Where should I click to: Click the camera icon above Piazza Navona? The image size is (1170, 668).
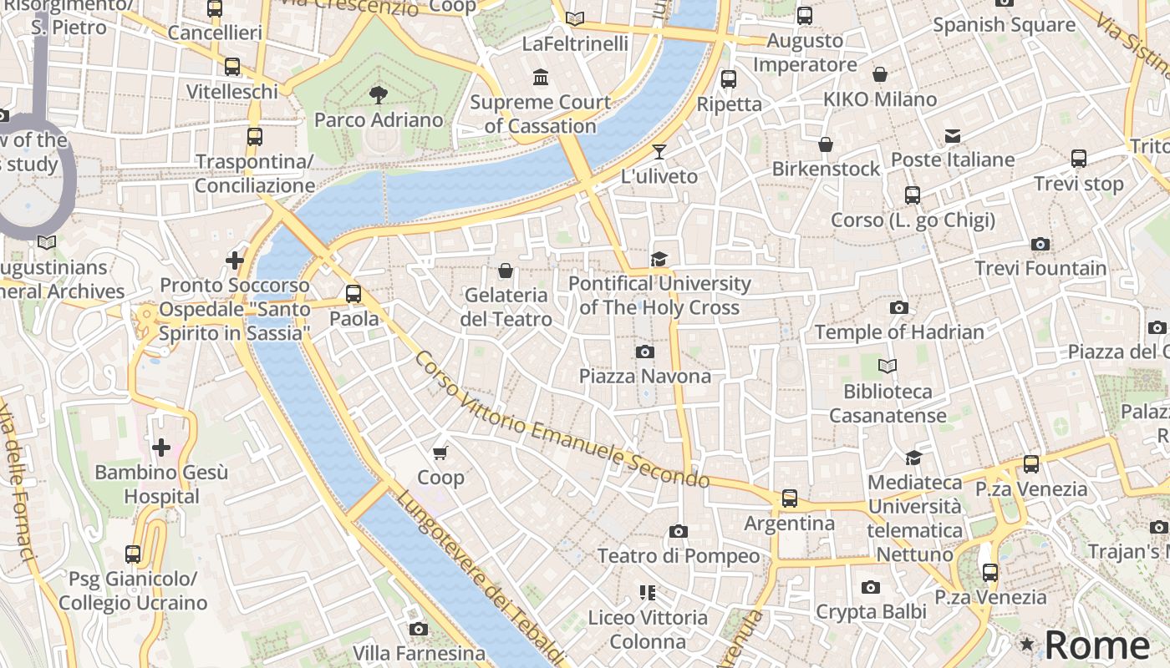point(644,352)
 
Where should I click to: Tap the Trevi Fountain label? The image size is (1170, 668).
point(1040,269)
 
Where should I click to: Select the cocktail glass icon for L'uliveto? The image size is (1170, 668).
point(659,151)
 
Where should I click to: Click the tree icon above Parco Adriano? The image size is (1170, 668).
point(379,94)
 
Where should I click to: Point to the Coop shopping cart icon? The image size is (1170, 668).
point(440,453)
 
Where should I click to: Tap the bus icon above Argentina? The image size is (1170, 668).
point(789,498)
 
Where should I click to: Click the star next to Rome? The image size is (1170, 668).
point(1027,645)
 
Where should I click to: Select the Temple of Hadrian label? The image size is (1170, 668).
point(899,332)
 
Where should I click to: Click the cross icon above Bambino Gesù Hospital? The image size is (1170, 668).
point(161,448)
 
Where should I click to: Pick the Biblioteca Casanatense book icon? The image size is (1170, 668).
point(888,366)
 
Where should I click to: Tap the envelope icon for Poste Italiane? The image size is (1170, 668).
point(953,135)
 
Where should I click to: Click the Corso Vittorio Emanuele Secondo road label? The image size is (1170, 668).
point(562,421)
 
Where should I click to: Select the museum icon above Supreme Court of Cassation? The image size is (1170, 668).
point(541,78)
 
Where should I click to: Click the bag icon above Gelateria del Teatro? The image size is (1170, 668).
point(506,271)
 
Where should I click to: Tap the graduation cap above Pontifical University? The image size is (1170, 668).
point(659,259)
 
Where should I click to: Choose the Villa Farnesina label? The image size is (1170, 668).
point(419,653)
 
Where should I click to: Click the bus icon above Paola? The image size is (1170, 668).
point(354,294)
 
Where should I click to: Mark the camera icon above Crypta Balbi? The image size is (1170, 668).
point(871,588)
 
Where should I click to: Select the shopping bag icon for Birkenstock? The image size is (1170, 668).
point(826,144)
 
